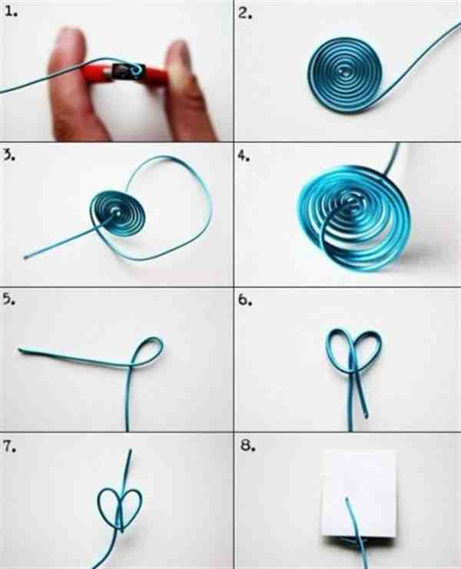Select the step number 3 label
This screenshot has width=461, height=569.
pos(9,154)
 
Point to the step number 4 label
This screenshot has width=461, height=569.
pos(244,156)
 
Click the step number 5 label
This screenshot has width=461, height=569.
pos(9,299)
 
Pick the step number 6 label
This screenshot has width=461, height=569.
pos(245,299)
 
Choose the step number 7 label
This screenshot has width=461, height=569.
pos(10,447)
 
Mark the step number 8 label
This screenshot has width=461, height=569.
pos(248,445)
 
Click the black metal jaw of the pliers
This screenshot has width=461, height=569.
pos(129,72)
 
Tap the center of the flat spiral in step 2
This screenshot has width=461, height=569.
pos(343,73)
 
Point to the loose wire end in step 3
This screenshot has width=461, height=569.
pos(25,258)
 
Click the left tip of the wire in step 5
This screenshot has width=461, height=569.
pos(20,350)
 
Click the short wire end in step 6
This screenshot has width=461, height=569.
pos(366,415)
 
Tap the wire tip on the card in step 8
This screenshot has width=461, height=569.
pos(347,499)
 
